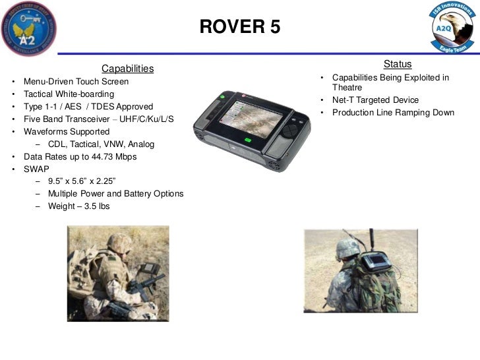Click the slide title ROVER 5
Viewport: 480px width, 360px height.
point(239,26)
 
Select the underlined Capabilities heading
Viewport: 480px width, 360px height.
point(127,69)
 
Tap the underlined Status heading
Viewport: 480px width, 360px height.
point(397,64)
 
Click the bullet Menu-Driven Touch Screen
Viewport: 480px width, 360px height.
point(76,82)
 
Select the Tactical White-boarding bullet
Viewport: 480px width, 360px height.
point(69,94)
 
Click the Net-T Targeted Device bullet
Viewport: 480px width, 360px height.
point(375,100)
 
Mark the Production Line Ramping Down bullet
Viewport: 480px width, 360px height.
point(393,113)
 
